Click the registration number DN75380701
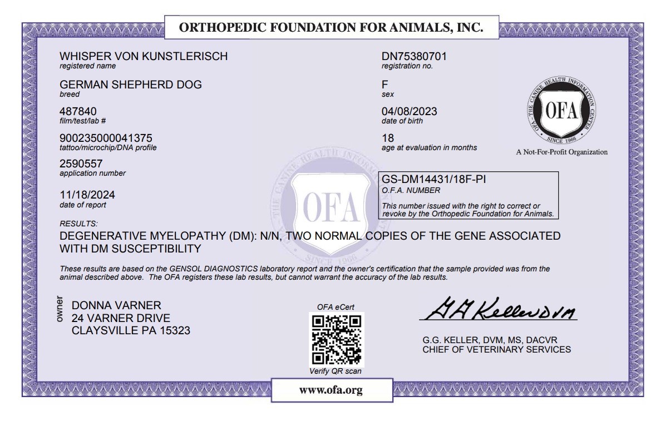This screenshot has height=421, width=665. pyautogui.click(x=414, y=56)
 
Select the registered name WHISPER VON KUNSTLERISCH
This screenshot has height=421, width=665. pyautogui.click(x=144, y=56)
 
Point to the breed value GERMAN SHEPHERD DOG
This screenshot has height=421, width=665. pyautogui.click(x=131, y=85)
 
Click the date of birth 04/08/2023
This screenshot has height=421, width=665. pyautogui.click(x=410, y=111)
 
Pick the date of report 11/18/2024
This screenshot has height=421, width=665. pyautogui.click(x=87, y=195)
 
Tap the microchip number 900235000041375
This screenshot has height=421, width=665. pyautogui.click(x=106, y=137)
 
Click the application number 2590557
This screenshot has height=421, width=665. pyautogui.click(x=81, y=164)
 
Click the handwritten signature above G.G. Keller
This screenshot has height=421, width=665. pyautogui.click(x=497, y=309)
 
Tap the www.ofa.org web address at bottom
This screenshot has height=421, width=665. pyautogui.click(x=331, y=390)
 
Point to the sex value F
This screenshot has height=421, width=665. pyautogui.click(x=385, y=85)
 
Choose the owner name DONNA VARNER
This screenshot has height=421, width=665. pyautogui.click(x=117, y=305)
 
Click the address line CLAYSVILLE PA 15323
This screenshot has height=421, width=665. pyautogui.click(x=131, y=330)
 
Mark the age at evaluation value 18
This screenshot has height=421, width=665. pyautogui.click(x=388, y=137)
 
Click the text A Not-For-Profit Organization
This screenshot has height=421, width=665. pyautogui.click(x=561, y=152)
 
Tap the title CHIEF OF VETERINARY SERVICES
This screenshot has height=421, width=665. pyautogui.click(x=496, y=350)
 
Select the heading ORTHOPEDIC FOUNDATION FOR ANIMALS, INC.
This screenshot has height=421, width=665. pyautogui.click(x=332, y=28)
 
